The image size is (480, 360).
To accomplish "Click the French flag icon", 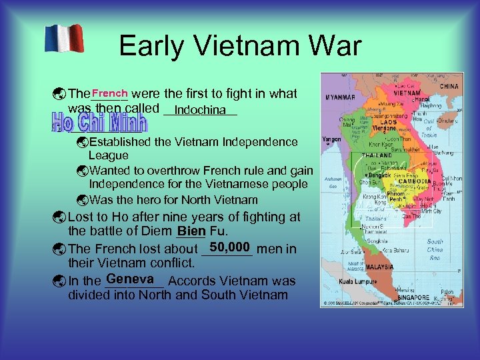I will tap(64, 39).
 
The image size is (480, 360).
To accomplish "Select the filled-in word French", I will tap(110, 93).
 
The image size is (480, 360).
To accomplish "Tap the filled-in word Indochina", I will tap(200, 109).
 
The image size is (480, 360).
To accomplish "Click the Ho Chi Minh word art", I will tap(99, 124).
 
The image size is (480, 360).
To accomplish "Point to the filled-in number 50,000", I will tap(229, 247).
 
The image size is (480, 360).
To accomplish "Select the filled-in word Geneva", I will tap(130, 279).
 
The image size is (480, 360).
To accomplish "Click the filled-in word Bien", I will tap(191, 231).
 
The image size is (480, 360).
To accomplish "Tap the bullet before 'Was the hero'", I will tap(82, 200).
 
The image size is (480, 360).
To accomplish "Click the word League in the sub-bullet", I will tap(109, 155).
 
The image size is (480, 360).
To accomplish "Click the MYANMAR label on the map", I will tap(341, 97).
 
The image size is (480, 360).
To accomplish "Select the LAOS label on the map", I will tap(388, 122).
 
